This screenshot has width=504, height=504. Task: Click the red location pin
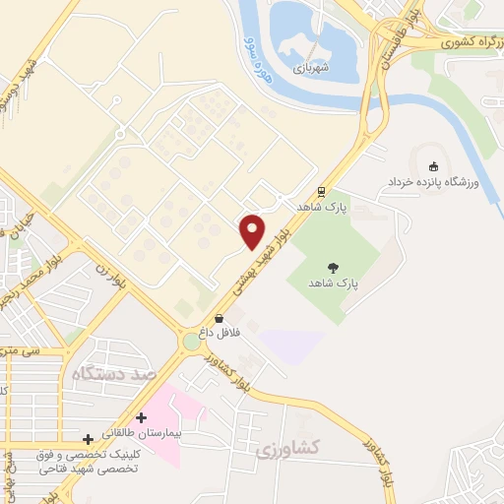pyautogui.click(x=252, y=230)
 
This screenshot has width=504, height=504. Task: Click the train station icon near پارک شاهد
pyautogui.click(x=321, y=192)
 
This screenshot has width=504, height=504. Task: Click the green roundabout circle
pyautogui.click(x=191, y=343)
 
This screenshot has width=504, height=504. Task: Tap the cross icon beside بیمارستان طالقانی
pyautogui.click(x=142, y=417)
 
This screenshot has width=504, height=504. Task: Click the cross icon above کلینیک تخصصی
pyautogui.click(x=89, y=438)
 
